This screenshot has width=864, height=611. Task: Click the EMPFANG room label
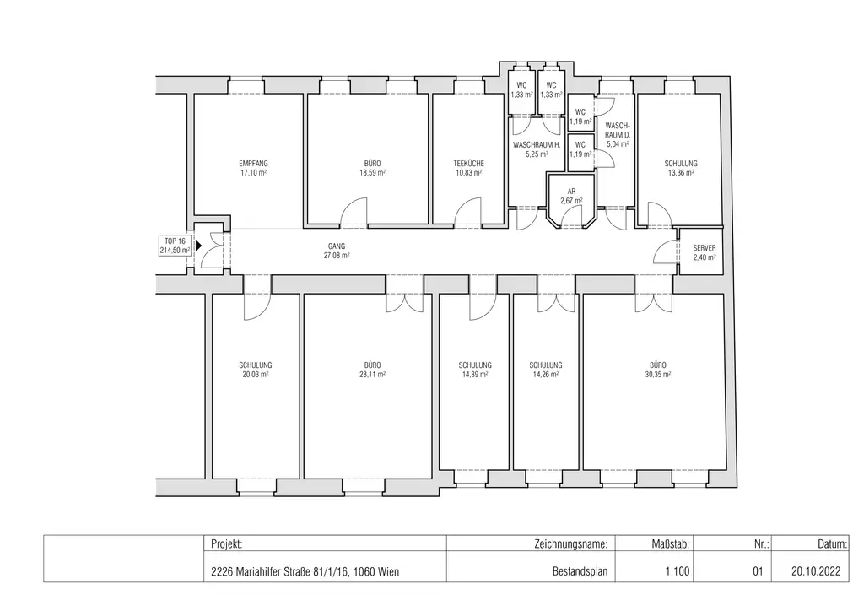[252, 163]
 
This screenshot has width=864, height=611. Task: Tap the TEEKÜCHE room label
[467, 163]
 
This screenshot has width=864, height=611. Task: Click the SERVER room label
[704, 248]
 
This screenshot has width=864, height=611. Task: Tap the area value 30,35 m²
[657, 374]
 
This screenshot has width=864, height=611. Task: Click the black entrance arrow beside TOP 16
[197, 246]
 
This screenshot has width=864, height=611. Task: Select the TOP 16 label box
[175, 246]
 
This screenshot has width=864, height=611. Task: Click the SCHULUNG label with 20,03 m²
[255, 365]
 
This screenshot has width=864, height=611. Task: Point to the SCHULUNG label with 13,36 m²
[680, 163]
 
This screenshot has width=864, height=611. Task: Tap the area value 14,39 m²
[475, 374]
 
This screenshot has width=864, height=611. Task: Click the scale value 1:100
[678, 571]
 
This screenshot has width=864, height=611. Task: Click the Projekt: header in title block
[227, 545]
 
